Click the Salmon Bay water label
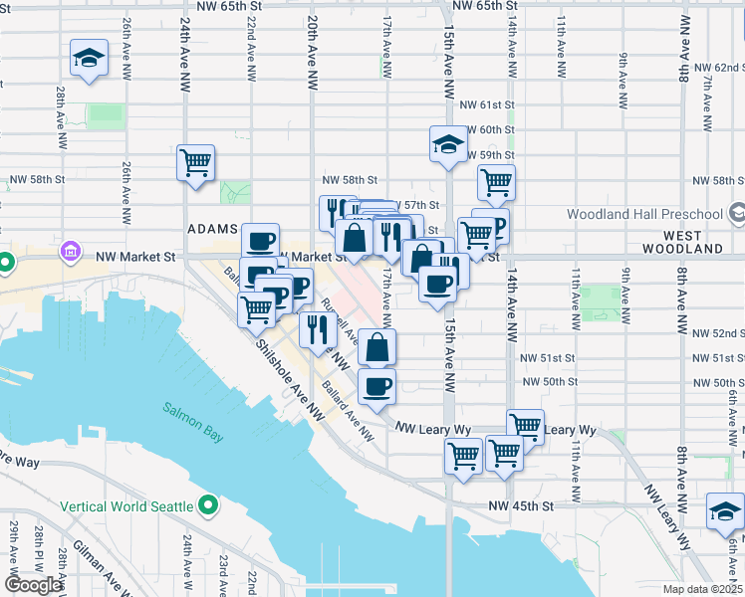click(x=193, y=408)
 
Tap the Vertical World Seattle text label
click(x=126, y=506)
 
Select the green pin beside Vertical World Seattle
click(x=208, y=506)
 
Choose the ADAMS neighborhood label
click(x=213, y=229)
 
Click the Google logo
click(x=33, y=585)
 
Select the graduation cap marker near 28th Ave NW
click(x=90, y=59)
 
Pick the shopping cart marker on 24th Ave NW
click(x=196, y=163)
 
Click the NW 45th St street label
click(x=520, y=505)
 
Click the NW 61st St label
click(x=486, y=104)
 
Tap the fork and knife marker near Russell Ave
click(x=317, y=329)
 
